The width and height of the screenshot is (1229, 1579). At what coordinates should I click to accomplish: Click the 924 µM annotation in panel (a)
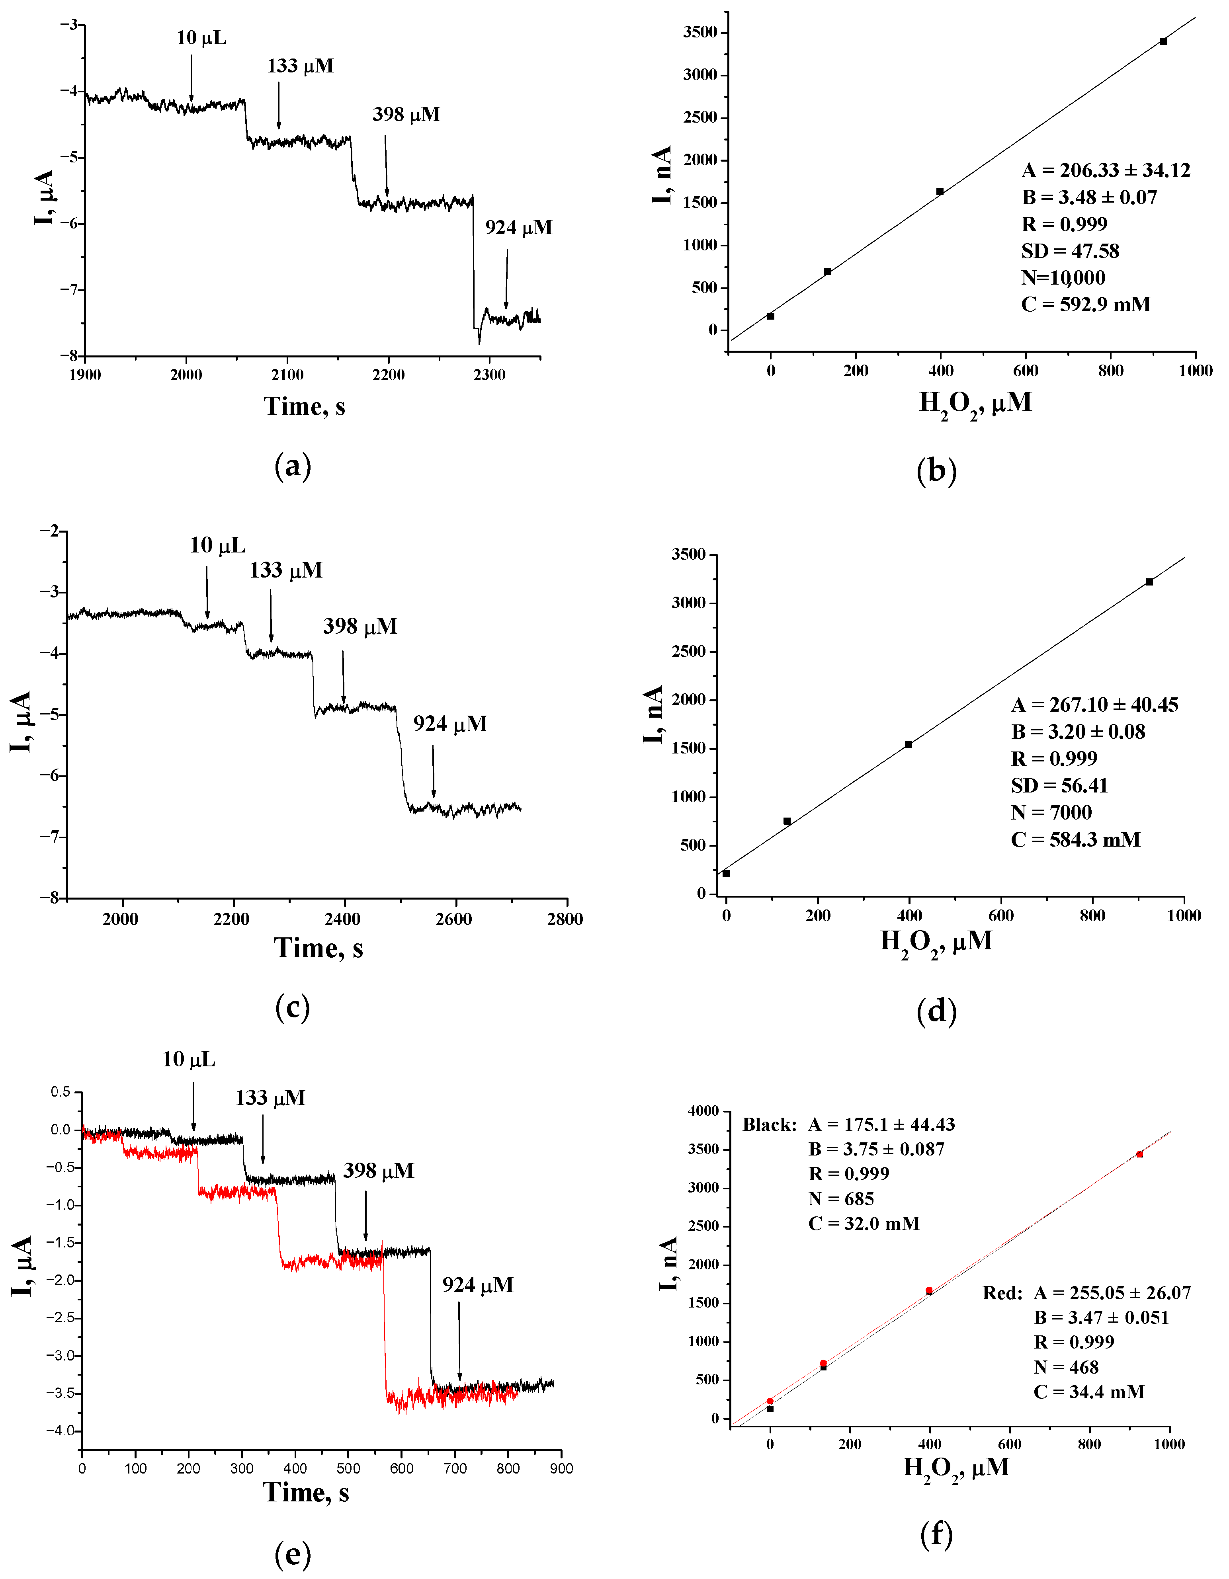click(518, 228)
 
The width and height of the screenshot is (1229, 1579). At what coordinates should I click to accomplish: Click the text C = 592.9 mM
click(1085, 304)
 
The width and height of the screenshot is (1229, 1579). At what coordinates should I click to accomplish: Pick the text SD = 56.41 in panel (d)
click(1059, 785)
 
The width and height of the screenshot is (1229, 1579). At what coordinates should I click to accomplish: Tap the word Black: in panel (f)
click(769, 1125)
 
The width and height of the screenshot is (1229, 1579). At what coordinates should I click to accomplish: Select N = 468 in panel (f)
click(1066, 1367)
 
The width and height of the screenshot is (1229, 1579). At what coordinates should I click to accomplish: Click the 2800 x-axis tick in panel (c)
click(565, 919)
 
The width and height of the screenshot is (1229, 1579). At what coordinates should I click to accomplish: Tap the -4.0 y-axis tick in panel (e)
click(61, 1431)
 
